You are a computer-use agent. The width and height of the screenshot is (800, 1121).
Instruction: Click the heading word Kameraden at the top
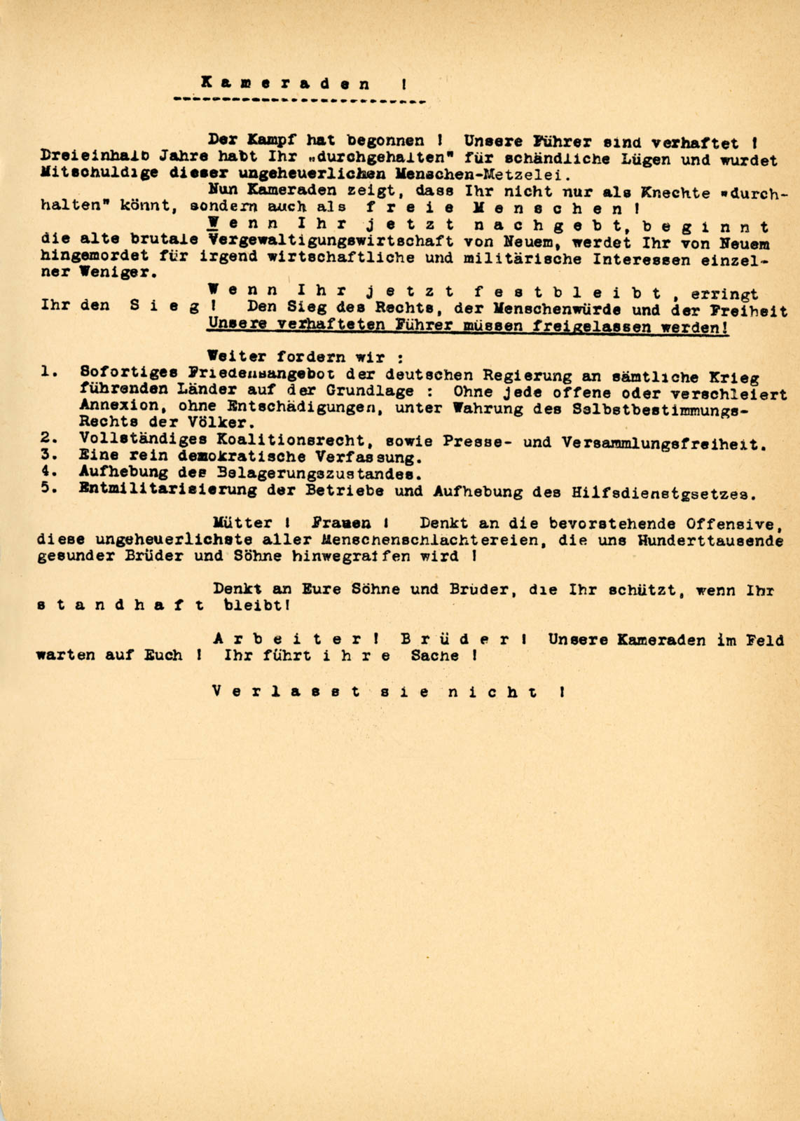[x=286, y=83]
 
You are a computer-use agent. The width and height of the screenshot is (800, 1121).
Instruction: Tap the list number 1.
[x=49, y=371]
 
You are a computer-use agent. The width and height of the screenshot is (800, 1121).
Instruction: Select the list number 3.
[x=49, y=455]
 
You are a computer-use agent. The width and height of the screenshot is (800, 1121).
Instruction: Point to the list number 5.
[x=49, y=488]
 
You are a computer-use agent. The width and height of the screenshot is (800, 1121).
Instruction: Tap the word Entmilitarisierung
[x=167, y=490]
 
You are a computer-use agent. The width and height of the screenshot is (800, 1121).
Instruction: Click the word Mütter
[x=242, y=523]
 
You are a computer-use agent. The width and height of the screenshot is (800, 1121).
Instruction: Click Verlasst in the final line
[x=287, y=692]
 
